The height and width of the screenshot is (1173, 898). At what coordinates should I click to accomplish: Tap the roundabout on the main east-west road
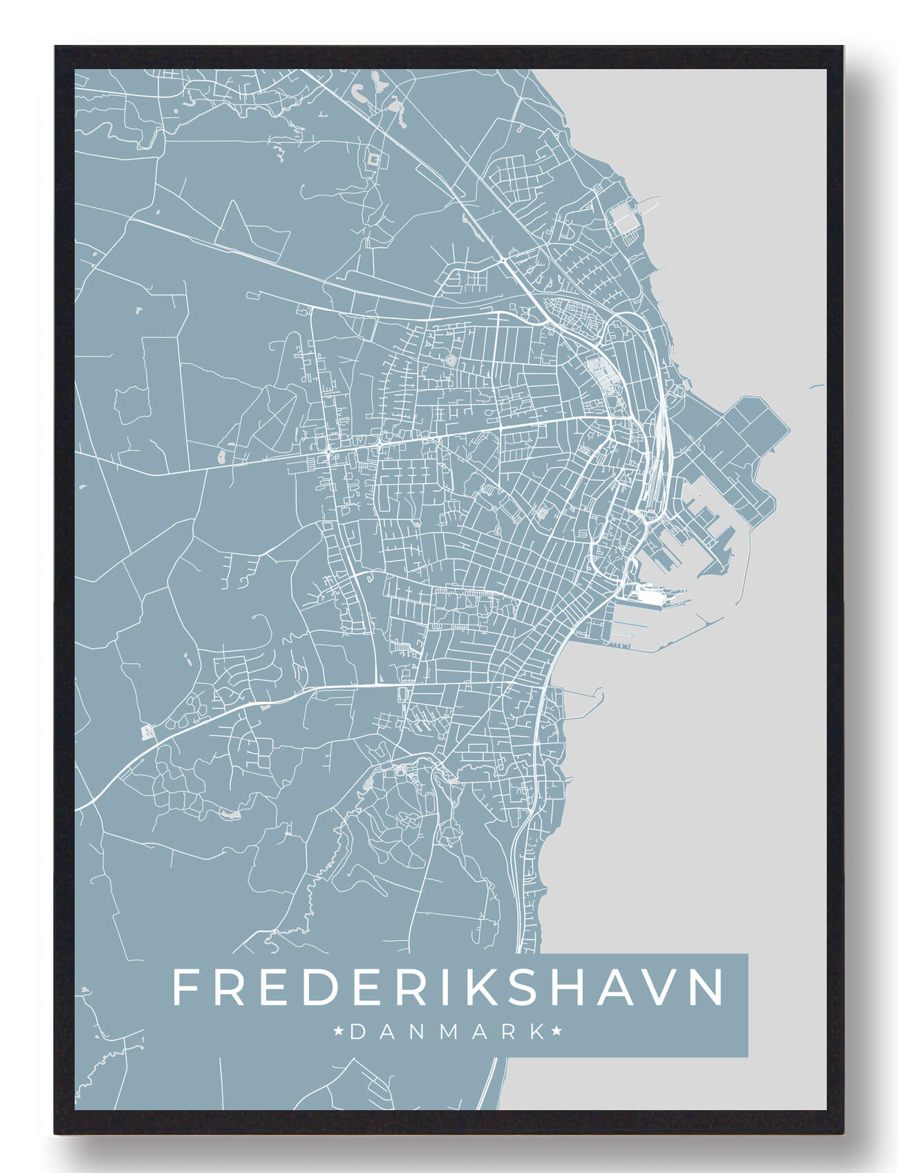pos(328,451)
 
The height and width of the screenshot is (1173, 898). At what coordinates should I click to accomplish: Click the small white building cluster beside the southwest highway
pos(147,731)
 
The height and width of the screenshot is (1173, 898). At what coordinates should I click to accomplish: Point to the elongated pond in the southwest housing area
pos(228,816)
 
